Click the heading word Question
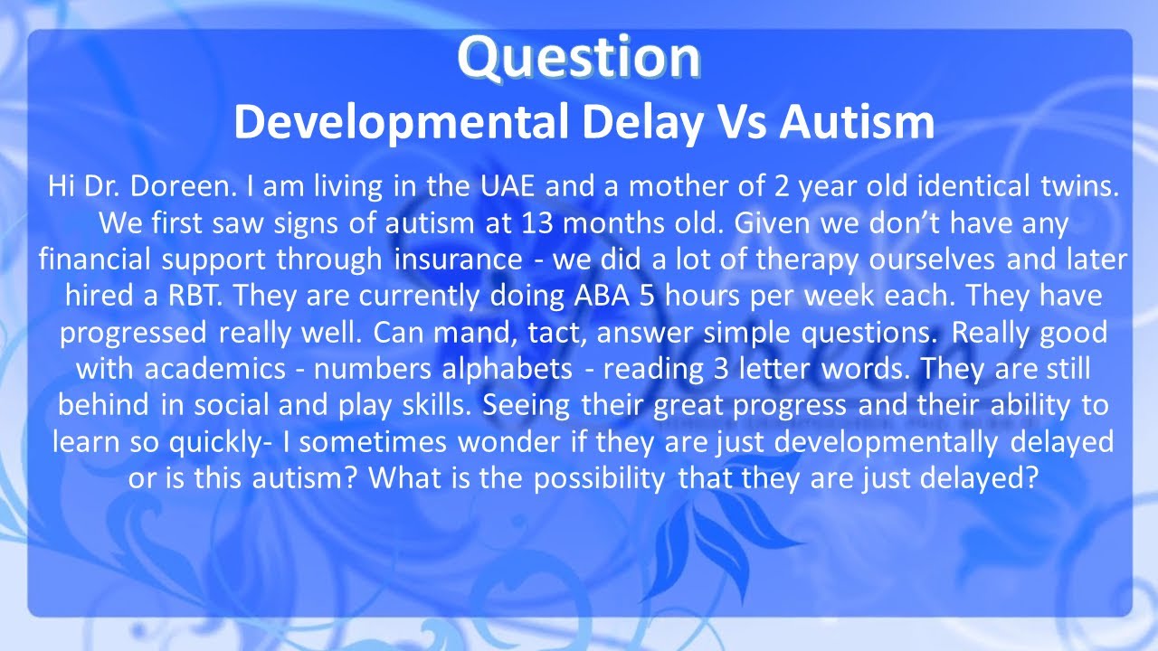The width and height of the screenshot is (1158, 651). coord(579,58)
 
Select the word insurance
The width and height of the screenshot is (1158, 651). coord(458,259)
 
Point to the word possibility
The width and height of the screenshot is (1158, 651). coord(599,477)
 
